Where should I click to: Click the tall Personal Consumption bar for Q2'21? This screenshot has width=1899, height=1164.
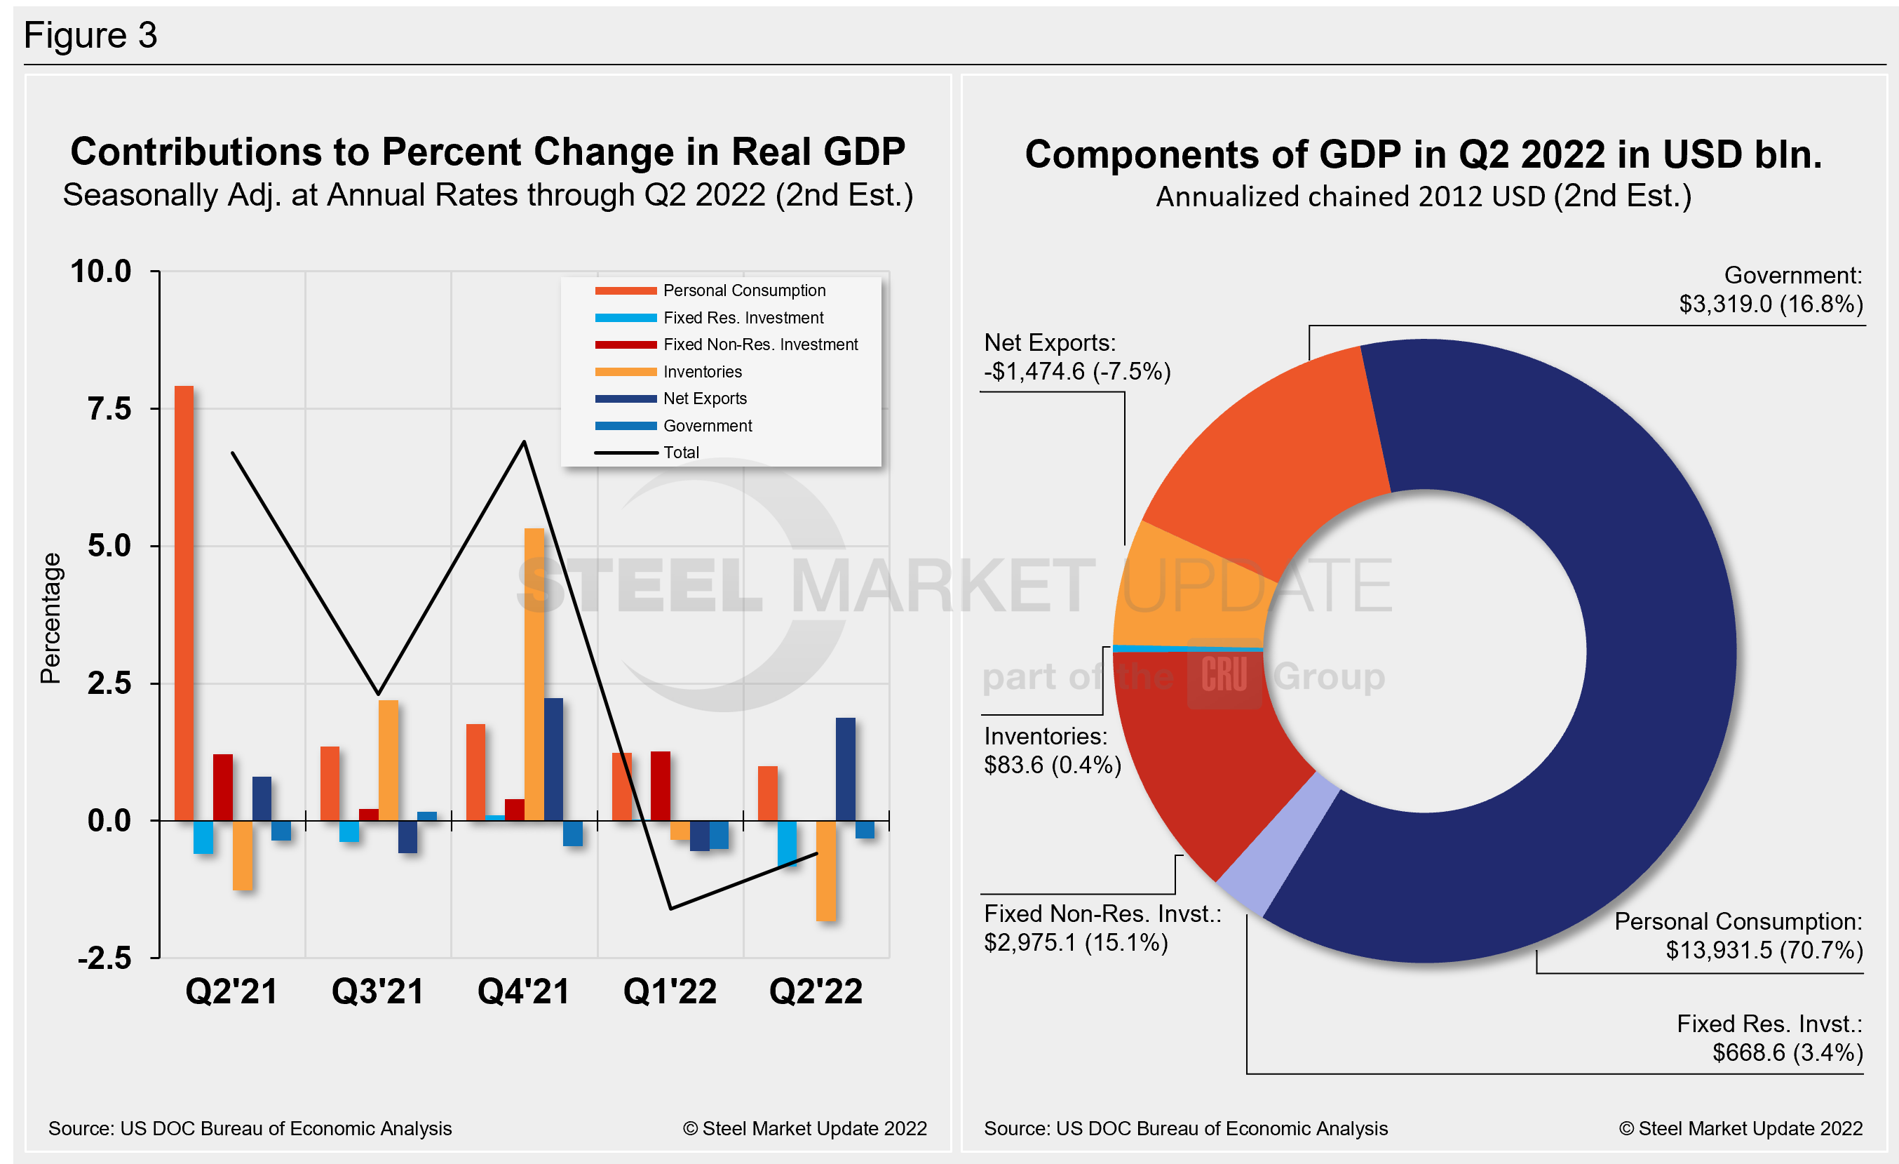click(x=184, y=601)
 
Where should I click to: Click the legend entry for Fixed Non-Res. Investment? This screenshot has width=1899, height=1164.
click(x=759, y=344)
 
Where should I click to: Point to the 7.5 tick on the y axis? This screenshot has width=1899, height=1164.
click(x=110, y=409)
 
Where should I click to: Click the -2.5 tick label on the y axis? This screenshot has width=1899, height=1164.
click(x=104, y=958)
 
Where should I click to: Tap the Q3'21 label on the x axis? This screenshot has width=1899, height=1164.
click(x=378, y=991)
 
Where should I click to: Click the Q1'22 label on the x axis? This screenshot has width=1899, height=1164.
click(x=670, y=991)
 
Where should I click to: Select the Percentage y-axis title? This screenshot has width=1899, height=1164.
click(x=51, y=618)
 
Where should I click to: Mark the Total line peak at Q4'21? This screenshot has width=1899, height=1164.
click(x=524, y=443)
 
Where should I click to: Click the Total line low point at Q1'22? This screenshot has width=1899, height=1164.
click(x=670, y=908)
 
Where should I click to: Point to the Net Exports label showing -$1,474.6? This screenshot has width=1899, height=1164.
click(x=1076, y=357)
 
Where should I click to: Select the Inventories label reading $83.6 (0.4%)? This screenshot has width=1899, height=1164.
click(x=1052, y=751)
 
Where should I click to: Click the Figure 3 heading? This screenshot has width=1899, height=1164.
click(x=91, y=36)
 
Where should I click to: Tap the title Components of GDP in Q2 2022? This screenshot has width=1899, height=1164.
click(x=1423, y=154)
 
